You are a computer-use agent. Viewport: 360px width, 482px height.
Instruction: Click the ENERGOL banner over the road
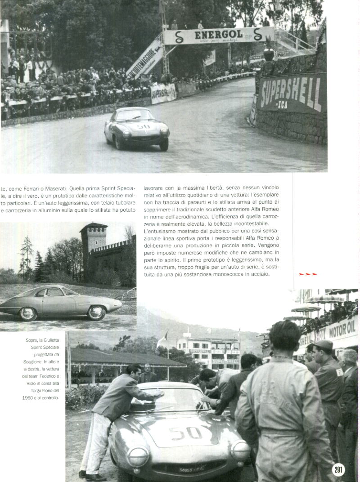(219, 36)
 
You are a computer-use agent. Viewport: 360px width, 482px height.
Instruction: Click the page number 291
(338, 470)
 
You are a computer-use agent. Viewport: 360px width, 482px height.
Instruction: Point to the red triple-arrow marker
(308, 274)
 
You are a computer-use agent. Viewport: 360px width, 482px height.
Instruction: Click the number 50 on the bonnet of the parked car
(186, 433)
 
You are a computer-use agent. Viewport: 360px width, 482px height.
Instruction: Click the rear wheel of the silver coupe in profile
(28, 313)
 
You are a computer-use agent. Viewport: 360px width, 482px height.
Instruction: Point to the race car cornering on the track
(136, 128)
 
